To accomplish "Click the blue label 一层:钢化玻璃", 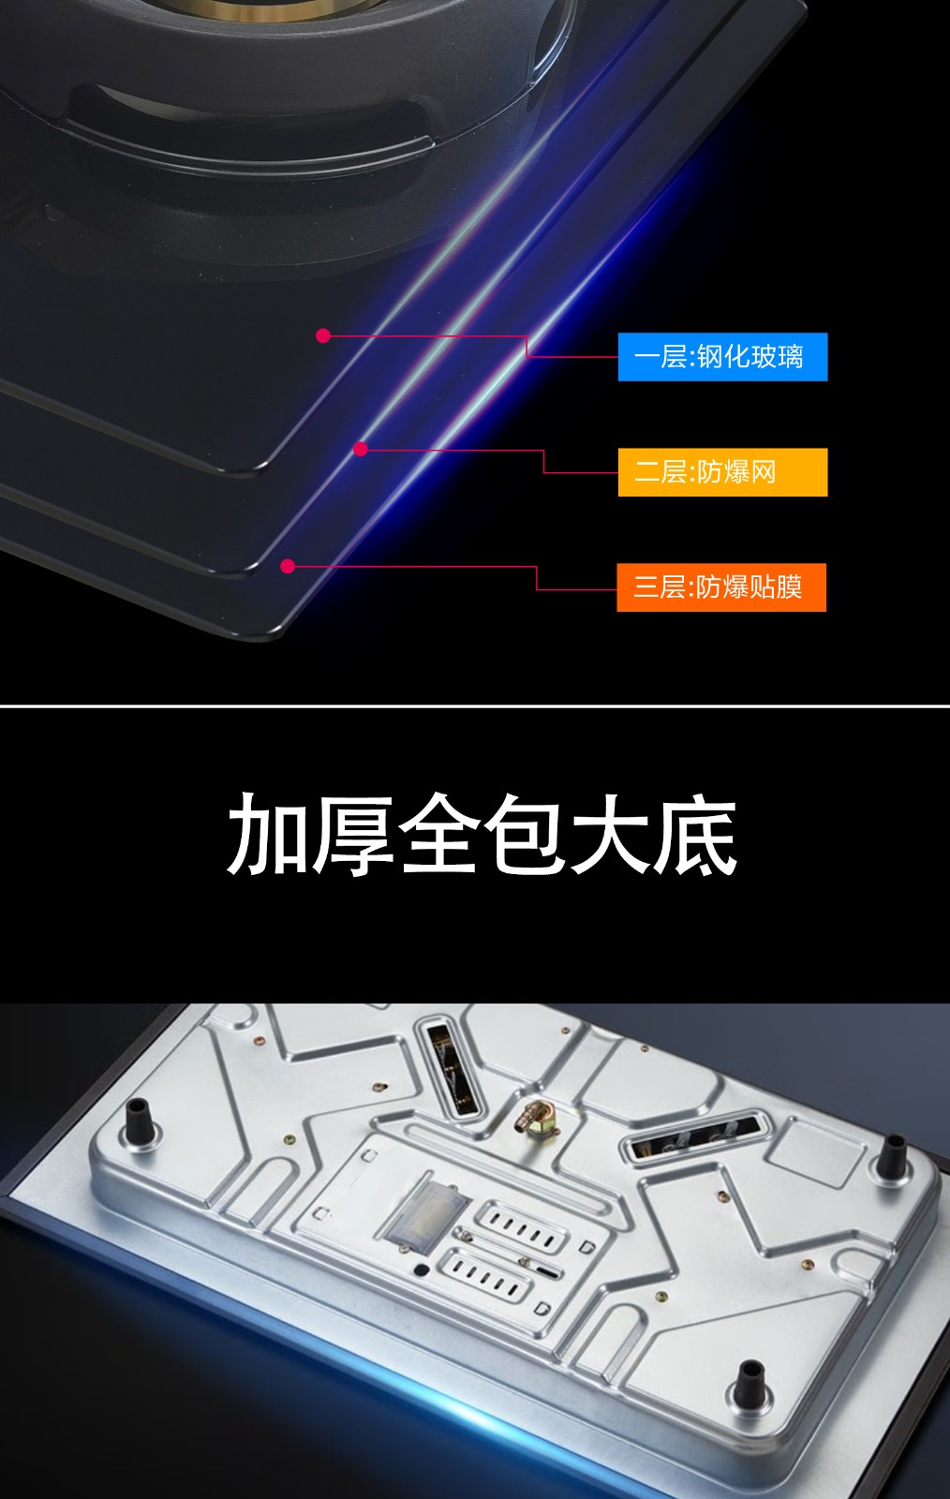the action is [722, 357].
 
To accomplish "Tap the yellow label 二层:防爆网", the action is [722, 472].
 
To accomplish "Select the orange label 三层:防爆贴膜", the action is [721, 587].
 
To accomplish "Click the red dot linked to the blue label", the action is [323, 336].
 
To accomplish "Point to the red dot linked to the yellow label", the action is [361, 449].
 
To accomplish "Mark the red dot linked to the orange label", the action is [288, 567].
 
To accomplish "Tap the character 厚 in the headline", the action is [352, 835].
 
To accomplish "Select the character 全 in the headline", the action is [438, 835].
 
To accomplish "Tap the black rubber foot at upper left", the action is [140, 1120].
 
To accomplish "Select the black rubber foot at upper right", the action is [892, 1156].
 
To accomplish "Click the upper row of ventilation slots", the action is [521, 1228].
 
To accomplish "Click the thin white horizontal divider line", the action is [475, 706].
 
